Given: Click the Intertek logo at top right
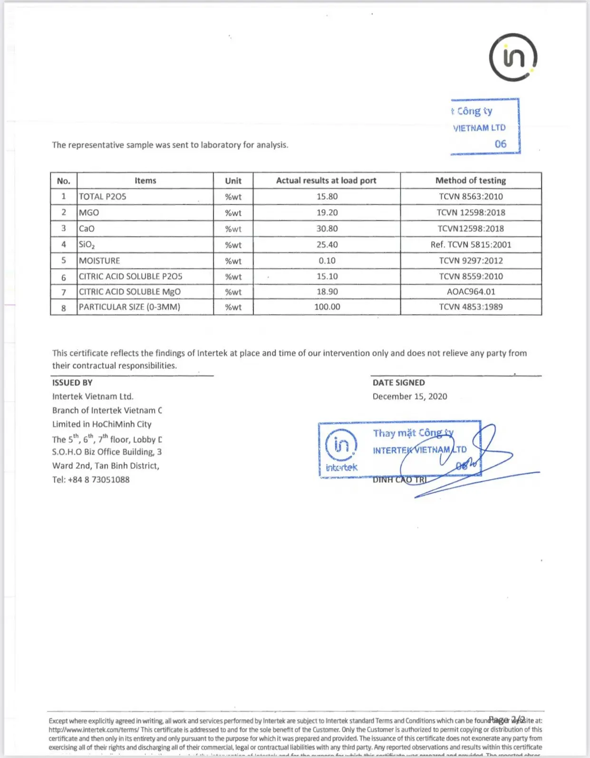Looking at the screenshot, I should (513, 58).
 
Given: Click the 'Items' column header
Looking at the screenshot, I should (145, 181).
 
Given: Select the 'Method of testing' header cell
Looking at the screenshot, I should (471, 181).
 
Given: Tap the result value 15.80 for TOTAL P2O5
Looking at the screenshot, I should (327, 197).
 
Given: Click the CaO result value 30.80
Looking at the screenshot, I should (327, 229).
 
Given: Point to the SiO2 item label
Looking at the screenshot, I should (87, 245).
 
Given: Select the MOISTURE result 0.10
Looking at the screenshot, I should (327, 261).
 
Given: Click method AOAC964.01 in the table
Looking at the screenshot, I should (471, 292).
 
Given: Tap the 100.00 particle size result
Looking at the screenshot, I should (327, 307).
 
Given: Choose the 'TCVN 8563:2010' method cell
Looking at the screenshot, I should (471, 197).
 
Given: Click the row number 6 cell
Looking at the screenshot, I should (64, 277).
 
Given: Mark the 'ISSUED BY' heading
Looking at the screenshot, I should (72, 383).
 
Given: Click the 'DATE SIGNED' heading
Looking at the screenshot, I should (398, 383).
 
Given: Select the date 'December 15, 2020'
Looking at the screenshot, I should (410, 396).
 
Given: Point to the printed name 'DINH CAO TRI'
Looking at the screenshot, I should (399, 480).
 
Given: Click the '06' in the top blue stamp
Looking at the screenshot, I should (500, 144).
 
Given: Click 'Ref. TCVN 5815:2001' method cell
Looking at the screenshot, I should (471, 245).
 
